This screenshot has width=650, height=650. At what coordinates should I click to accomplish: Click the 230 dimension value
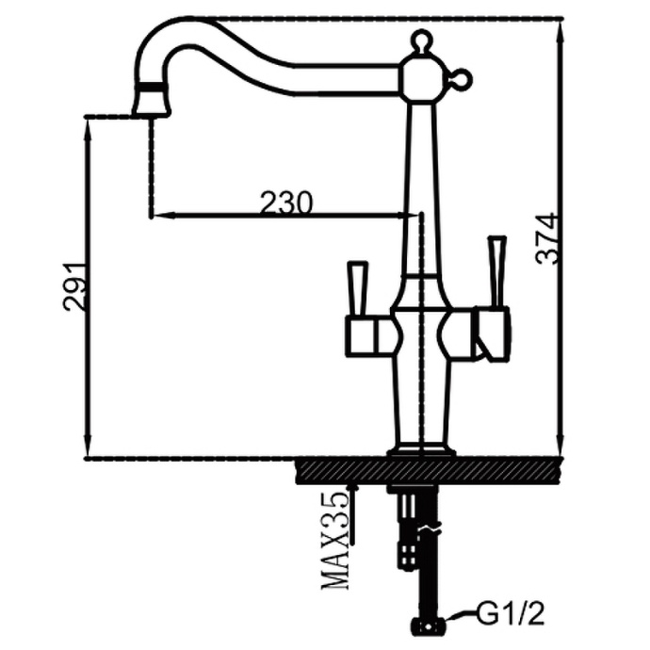click(285, 203)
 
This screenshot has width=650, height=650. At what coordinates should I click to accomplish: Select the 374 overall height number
click(546, 238)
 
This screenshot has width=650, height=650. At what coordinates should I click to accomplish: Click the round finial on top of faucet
click(420, 41)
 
